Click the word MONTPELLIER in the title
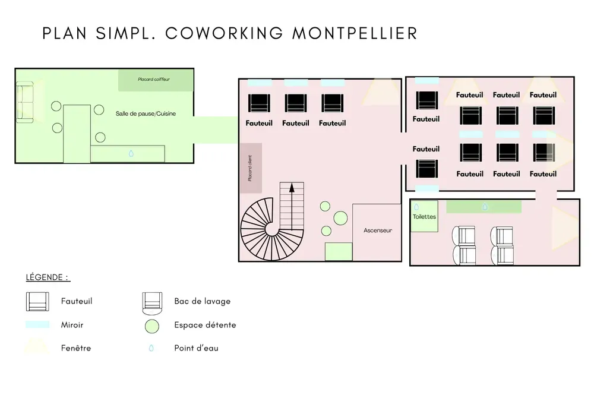click(x=355, y=33)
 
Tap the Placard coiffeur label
click(x=154, y=79)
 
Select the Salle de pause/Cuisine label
click(x=146, y=113)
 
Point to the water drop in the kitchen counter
click(x=131, y=153)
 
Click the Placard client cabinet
click(x=250, y=168)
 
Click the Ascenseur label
click(x=378, y=230)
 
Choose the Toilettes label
click(x=424, y=217)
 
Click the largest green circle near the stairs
click(x=340, y=218)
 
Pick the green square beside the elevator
click(x=339, y=251)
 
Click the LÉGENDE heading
click(x=48, y=277)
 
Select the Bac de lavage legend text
click(x=202, y=301)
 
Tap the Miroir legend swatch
click(x=37, y=325)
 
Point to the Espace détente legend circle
click(x=152, y=326)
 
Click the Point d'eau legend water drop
click(x=151, y=348)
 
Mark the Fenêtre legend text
click(x=76, y=348)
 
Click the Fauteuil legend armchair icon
click(x=37, y=302)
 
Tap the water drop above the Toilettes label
click(x=416, y=207)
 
